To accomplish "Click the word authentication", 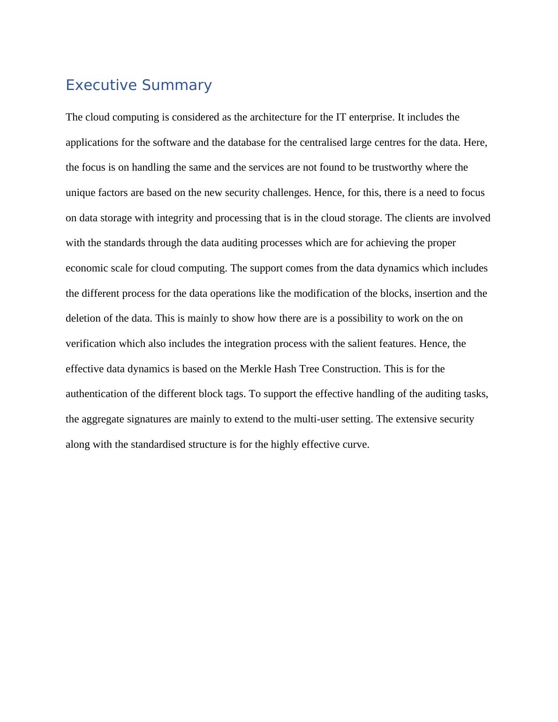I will pos(97,394).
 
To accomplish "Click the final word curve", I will pos(357,444).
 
